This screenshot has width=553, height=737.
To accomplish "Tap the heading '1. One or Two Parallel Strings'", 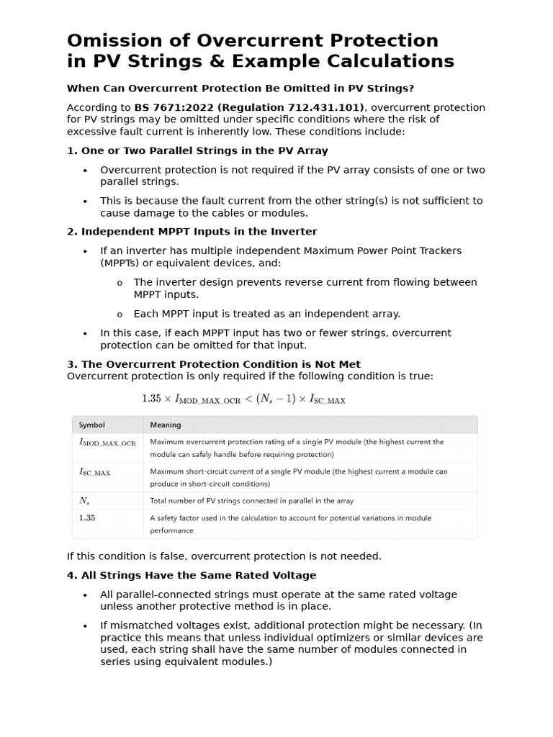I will (x=197, y=151).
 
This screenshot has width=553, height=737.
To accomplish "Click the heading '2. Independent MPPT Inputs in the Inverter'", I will (x=192, y=232).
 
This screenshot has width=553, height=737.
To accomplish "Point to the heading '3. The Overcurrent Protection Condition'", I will (x=213, y=364).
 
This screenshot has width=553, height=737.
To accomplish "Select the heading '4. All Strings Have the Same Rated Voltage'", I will (x=191, y=575).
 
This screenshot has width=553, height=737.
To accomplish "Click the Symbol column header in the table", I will (x=91, y=425).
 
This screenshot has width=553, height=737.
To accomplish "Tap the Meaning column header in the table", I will (x=166, y=425).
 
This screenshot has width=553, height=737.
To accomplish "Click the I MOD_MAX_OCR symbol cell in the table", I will (x=107, y=443).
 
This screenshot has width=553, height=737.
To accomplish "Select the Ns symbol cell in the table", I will (x=84, y=500).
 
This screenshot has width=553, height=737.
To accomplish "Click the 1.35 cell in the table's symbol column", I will (x=86, y=517).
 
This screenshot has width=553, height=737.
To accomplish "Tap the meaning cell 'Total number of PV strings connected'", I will (x=251, y=500).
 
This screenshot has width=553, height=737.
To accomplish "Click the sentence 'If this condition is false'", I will (x=224, y=556).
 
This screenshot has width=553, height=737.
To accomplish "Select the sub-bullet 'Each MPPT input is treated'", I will (x=266, y=314).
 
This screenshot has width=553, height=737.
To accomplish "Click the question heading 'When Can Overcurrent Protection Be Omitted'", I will (x=240, y=89).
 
